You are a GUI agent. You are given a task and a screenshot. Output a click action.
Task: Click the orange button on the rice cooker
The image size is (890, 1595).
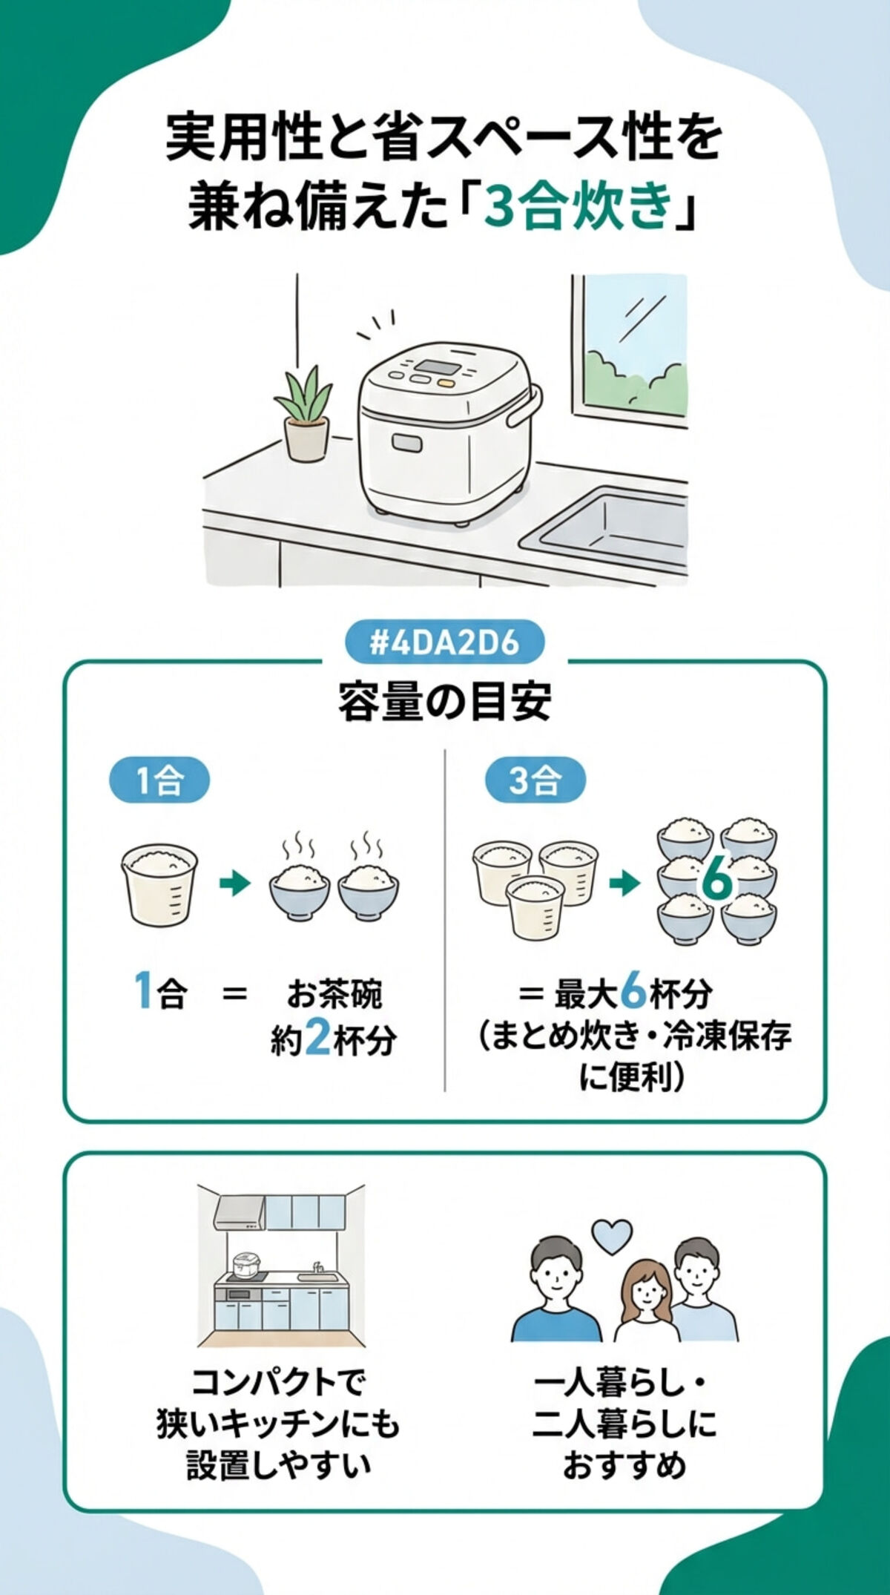(x=446, y=384)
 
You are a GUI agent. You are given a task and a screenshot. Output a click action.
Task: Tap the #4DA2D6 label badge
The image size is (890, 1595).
(x=444, y=642)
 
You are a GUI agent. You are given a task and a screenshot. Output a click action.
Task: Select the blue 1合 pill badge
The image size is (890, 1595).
(x=159, y=780)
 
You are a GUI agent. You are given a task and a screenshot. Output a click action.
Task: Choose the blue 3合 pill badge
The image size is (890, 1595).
(x=535, y=780)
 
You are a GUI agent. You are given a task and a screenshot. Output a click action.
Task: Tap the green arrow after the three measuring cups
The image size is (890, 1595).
(x=624, y=884)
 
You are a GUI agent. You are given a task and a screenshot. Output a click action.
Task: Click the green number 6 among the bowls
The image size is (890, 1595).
(x=716, y=881)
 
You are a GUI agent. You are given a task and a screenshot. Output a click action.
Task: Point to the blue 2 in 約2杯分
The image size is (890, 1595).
(x=317, y=1039)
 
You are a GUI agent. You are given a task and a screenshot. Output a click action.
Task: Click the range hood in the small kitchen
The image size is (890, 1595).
(x=240, y=1214)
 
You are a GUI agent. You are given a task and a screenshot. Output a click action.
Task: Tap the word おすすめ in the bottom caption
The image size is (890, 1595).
(x=624, y=1465)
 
